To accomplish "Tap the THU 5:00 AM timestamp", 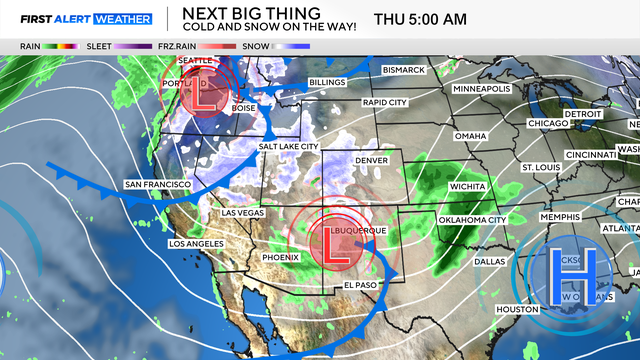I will coord(434,19).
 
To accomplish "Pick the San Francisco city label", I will coord(157,185).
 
